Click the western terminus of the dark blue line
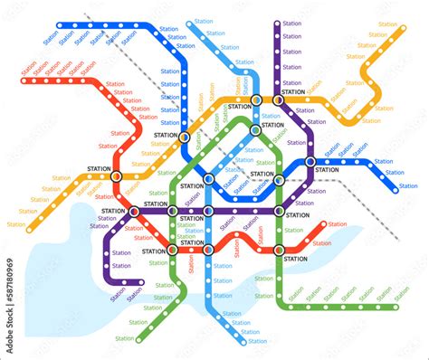coord(60,25)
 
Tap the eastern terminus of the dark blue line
coord(395,189)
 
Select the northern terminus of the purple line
coord(277,24)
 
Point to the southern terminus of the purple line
coord(141,282)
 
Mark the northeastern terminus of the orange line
coord(400,30)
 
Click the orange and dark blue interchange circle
coord(185,137)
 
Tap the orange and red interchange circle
coord(116,176)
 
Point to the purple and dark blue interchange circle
coord(310,162)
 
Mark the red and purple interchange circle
coord(135,212)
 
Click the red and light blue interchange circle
coord(207,250)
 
